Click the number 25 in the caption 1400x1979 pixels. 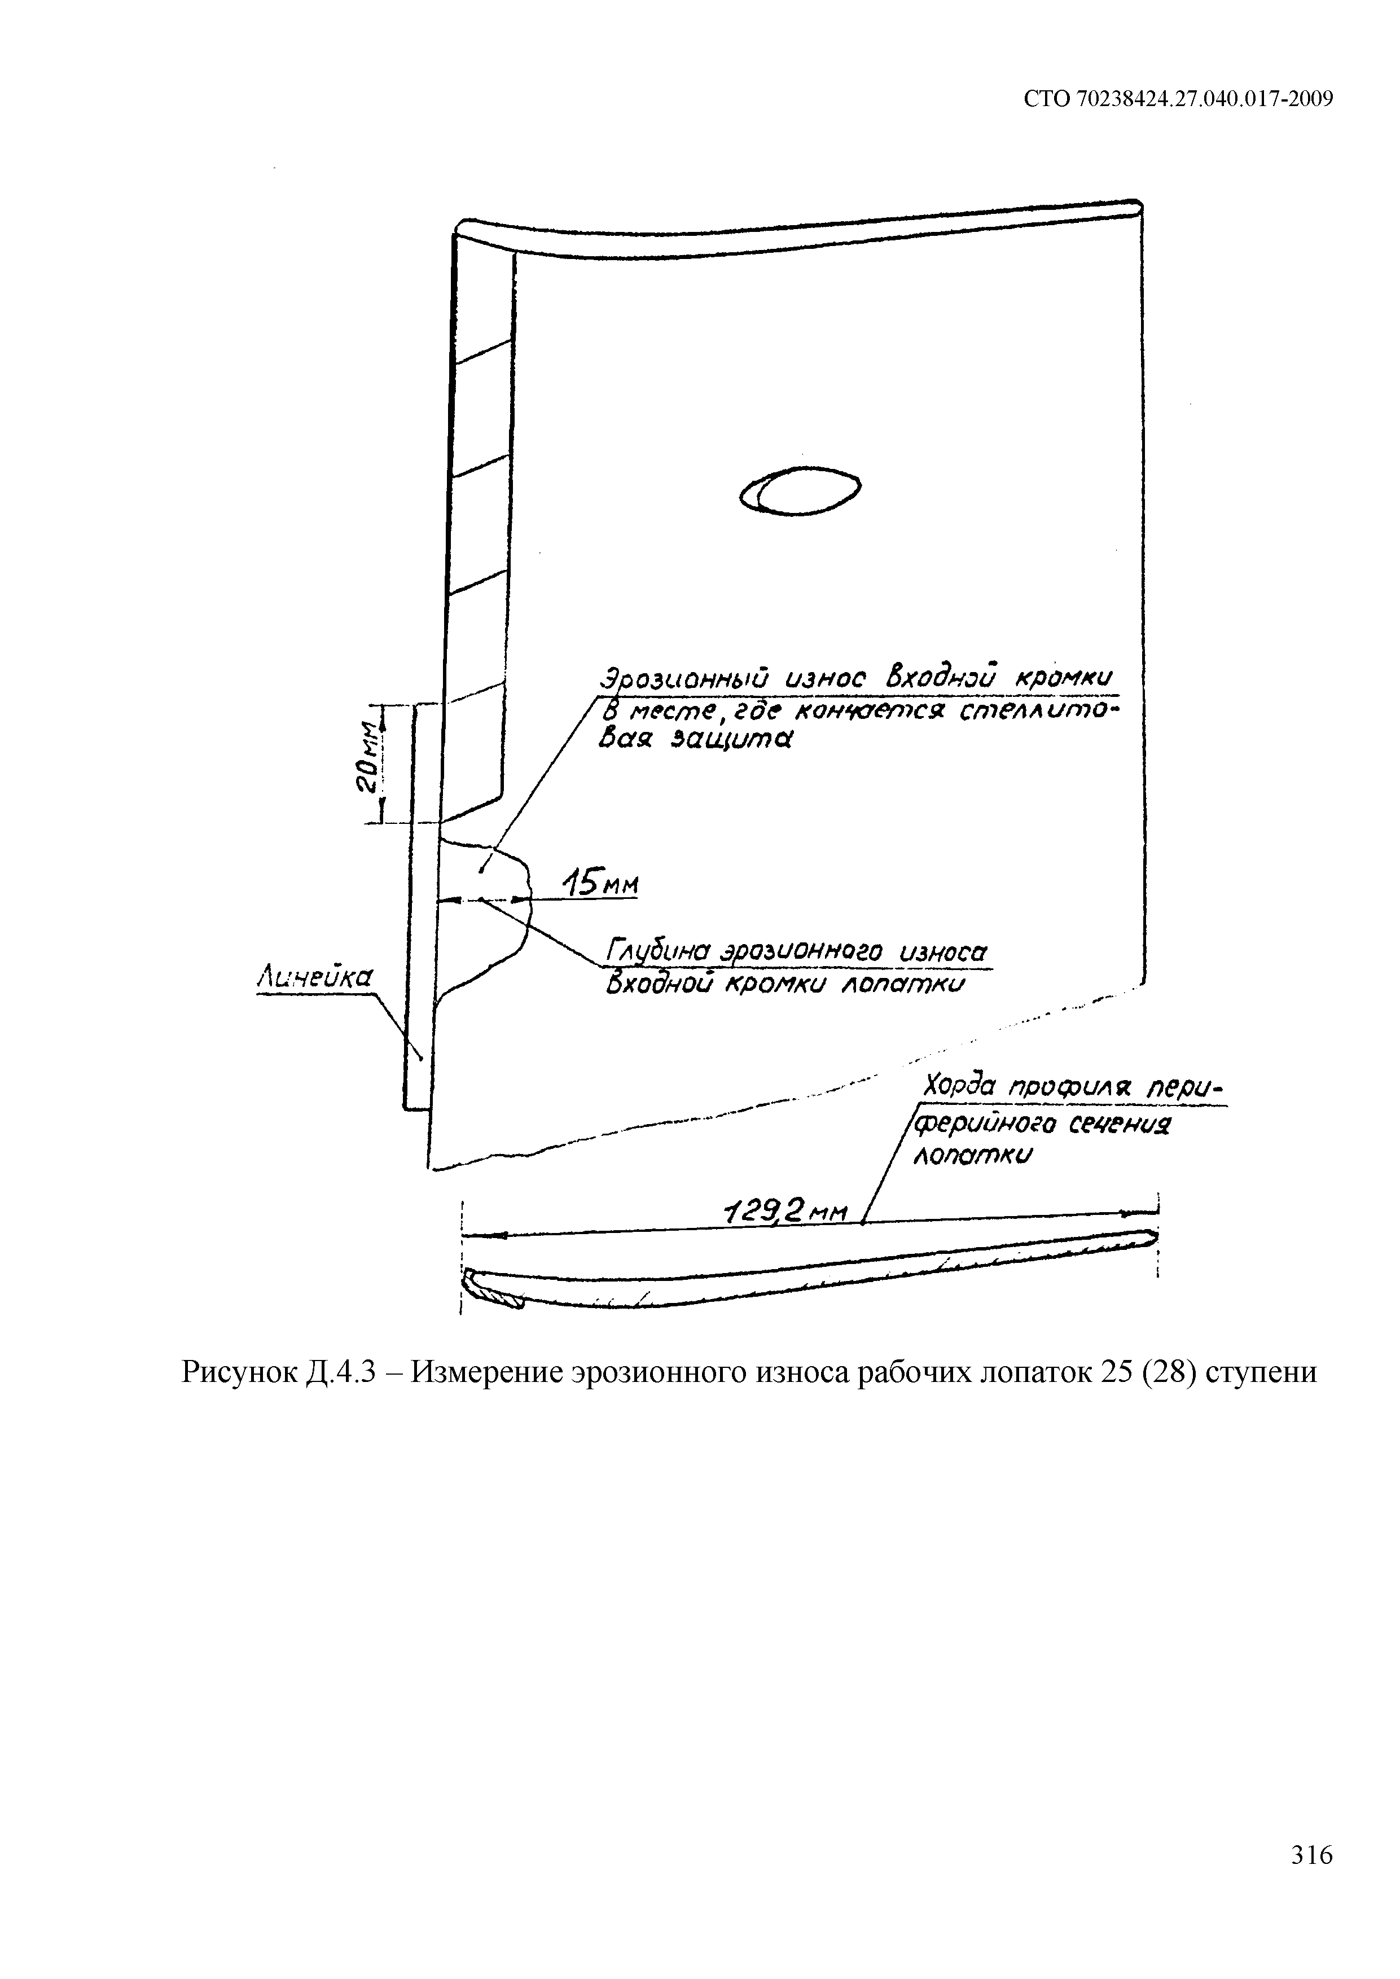(1100, 1371)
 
